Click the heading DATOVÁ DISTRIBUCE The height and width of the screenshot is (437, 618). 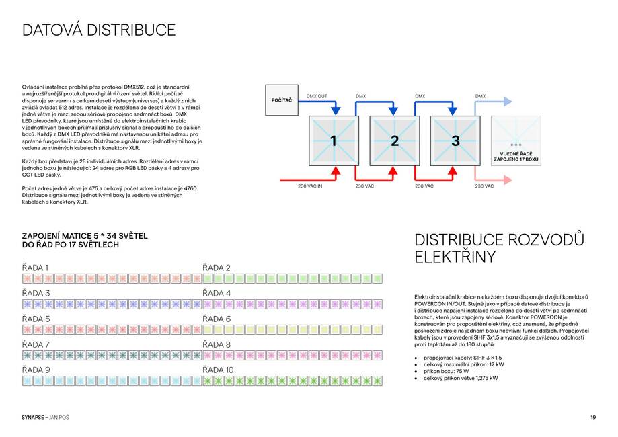(x=99, y=30)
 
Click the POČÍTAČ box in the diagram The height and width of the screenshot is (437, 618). (x=282, y=100)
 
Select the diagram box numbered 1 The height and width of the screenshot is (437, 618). (x=334, y=141)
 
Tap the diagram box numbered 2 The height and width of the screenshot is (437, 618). (x=395, y=141)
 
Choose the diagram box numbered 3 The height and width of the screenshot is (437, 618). (x=455, y=141)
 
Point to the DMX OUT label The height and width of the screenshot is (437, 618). (x=317, y=96)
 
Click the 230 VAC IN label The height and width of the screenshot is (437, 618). (x=310, y=186)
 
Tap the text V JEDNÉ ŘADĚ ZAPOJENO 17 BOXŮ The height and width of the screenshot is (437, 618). (x=516, y=158)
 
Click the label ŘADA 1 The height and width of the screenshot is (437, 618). (x=35, y=268)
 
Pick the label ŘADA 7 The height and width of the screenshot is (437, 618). (x=36, y=344)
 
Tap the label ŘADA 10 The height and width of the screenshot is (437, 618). (x=219, y=370)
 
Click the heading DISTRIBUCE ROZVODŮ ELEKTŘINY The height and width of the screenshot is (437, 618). (x=499, y=249)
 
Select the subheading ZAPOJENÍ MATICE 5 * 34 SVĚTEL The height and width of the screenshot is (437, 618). (x=85, y=236)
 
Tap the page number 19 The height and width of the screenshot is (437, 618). (x=593, y=418)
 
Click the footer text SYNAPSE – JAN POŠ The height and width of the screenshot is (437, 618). (x=46, y=418)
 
